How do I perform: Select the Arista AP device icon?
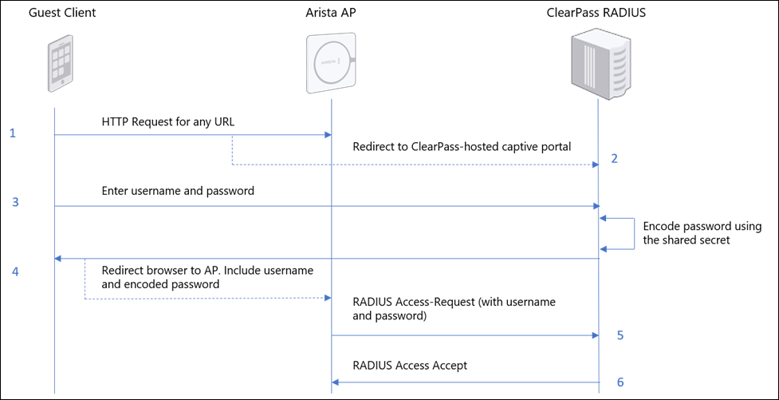(332, 63)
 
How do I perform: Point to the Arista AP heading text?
(331, 13)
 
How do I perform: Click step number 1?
(13, 134)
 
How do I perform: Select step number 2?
(614, 158)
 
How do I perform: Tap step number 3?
(15, 203)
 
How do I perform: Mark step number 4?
(15, 271)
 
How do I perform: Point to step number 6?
(620, 382)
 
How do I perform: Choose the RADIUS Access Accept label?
(410, 366)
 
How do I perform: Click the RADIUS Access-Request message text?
(454, 309)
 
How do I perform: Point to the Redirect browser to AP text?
(207, 277)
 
